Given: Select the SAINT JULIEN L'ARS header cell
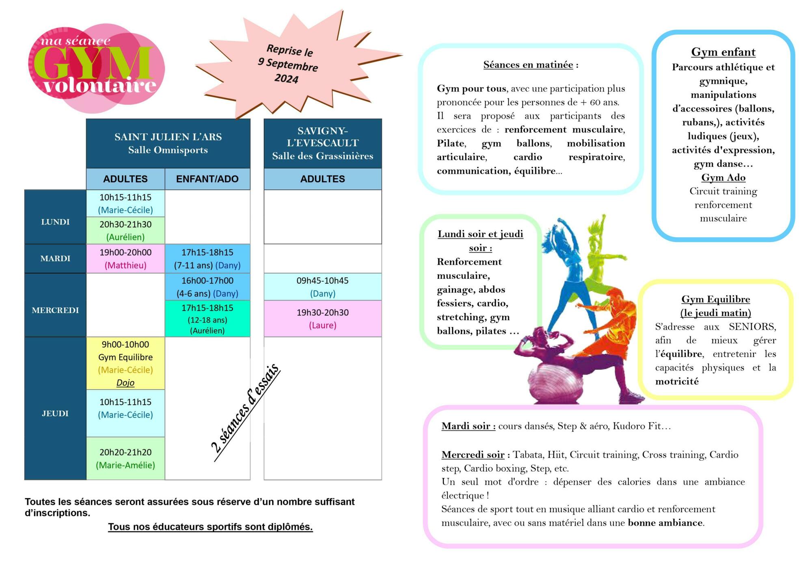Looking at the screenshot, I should tap(168, 143).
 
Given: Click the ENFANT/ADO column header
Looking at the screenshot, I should tap(207, 179).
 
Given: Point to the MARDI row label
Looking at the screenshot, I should tap(55, 259).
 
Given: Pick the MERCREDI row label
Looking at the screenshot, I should tap(55, 310).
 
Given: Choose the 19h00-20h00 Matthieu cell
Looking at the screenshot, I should tap(125, 259).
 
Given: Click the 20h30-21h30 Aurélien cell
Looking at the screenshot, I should tap(125, 231).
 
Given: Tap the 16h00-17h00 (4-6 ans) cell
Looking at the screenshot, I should tap(207, 287).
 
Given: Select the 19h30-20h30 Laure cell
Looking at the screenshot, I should tap(322, 319).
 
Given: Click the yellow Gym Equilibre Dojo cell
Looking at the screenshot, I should tap(125, 363).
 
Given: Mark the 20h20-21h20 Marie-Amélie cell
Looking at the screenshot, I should tap(125, 459).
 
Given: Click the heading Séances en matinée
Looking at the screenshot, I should tap(528, 65).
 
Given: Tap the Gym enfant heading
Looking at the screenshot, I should tap(723, 52).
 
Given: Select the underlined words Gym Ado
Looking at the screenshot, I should tap(723, 178).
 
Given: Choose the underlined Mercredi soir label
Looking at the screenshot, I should tap(473, 455).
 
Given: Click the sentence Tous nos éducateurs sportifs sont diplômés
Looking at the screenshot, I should tap(210, 527).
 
